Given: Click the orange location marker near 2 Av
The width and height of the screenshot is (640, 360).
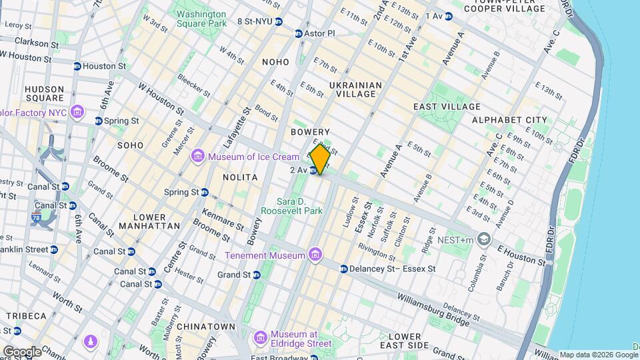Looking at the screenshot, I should pyautogui.click(x=320, y=159).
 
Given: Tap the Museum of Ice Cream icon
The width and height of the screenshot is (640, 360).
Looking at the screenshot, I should pyautogui.click(x=197, y=157).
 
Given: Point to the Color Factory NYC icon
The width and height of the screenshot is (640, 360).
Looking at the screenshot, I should pyautogui.click(x=77, y=112).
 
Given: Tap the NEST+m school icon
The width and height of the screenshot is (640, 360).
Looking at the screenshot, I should pyautogui.click(x=484, y=239).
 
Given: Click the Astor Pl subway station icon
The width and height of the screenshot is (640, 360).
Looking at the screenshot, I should pyautogui.click(x=299, y=33).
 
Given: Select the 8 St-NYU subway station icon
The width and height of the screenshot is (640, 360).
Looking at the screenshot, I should pyautogui.click(x=279, y=21).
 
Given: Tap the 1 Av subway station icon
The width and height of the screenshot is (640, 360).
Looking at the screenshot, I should pyautogui.click(x=449, y=15).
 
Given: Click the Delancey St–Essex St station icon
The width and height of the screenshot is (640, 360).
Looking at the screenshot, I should pyautogui.click(x=343, y=269).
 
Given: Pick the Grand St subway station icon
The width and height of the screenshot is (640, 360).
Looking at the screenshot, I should pyautogui.click(x=256, y=274).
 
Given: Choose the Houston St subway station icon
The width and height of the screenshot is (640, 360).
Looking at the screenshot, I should pyautogui.click(x=77, y=66).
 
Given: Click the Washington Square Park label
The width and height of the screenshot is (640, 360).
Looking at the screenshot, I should pyautogui.click(x=201, y=18).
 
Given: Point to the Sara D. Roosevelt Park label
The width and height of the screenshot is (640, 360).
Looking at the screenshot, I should pyautogui.click(x=300, y=205).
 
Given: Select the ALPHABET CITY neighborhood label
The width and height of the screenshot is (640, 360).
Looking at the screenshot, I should pyautogui.click(x=509, y=120).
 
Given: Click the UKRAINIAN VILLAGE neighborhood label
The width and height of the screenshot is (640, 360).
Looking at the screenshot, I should pyautogui.click(x=355, y=89).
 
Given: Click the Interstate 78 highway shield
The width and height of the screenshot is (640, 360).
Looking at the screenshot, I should pyautogui.click(x=36, y=217).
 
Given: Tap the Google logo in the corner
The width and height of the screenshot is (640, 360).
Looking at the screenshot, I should pyautogui.click(x=22, y=351).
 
